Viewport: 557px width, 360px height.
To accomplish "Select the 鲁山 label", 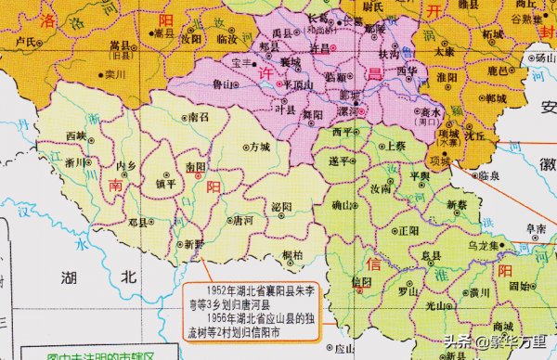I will click(220, 84).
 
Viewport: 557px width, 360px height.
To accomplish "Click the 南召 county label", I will click(199, 118).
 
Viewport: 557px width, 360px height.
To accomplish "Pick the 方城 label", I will click(259, 147).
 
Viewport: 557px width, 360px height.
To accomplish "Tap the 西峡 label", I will click(77, 135).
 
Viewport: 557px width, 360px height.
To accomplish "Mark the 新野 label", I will click(193, 244).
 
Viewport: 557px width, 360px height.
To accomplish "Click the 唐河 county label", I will click(243, 221).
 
